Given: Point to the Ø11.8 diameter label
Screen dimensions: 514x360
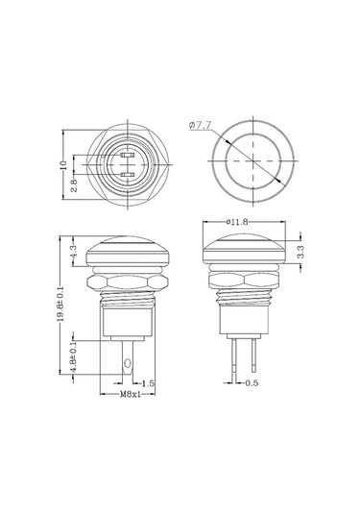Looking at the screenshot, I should pyautogui.click(x=235, y=222).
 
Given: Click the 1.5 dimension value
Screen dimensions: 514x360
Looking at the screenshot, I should pyautogui.click(x=147, y=382).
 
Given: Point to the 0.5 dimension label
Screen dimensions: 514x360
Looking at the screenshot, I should pyautogui.click(x=251, y=383).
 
